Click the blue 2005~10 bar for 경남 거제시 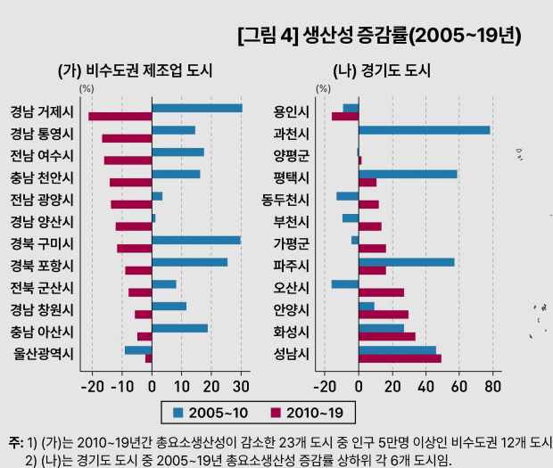197,108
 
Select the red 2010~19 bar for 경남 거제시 120,116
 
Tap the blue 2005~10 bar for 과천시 424,130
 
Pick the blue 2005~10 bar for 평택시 408,174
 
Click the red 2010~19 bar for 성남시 400,358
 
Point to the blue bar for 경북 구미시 196,240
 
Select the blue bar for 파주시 406,262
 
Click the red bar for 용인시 345,116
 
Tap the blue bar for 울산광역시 138,350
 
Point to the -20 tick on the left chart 93,386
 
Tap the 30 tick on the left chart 240,386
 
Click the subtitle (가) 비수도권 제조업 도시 135,70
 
